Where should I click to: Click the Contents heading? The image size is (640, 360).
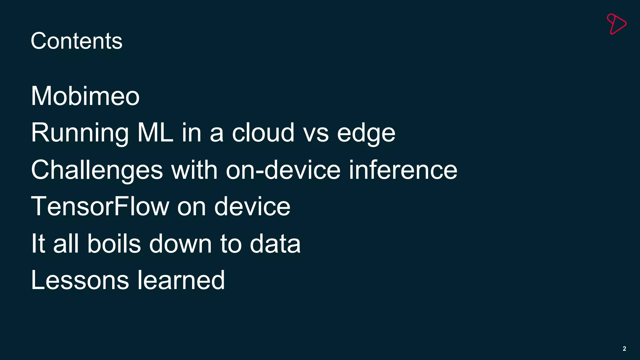77,41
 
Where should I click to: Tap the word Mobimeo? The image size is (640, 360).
85,96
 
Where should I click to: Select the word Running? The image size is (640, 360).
80,133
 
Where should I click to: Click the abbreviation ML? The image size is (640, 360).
155,132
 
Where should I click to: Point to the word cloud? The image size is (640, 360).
263,132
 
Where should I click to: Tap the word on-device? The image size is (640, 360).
283,170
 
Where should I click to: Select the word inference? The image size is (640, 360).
403,170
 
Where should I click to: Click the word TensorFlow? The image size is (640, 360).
100,206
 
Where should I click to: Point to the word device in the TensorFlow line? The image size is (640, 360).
252,206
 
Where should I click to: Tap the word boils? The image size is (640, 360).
114,243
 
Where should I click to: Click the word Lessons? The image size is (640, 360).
80,280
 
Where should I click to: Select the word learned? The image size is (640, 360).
181,280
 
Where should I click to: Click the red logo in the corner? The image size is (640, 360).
616,24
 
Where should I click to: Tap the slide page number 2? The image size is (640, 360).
624,349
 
